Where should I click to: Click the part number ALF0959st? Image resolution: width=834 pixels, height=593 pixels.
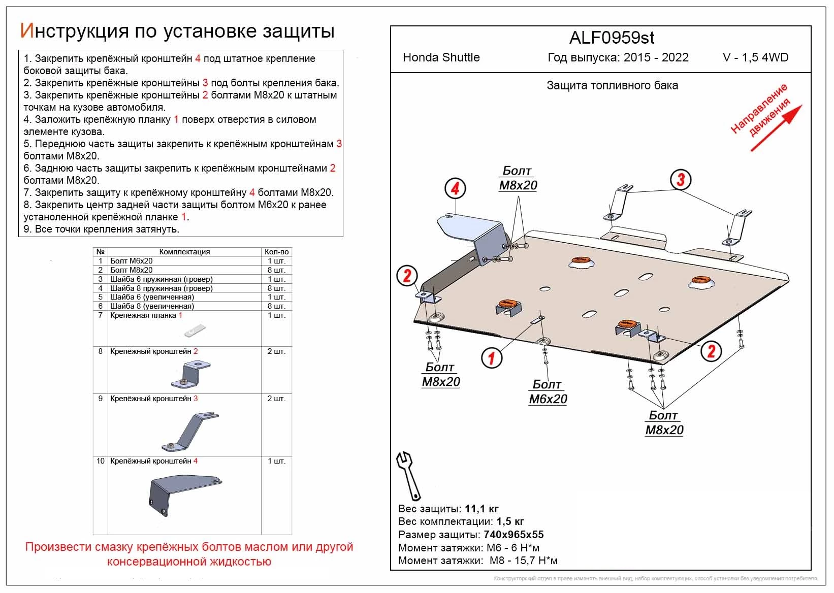612,38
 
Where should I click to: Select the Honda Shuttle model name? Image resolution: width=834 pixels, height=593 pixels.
441,57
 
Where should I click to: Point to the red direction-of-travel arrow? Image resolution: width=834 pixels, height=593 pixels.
777,128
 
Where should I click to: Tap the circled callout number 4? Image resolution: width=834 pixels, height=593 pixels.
455,188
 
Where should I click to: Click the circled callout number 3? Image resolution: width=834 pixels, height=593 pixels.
681,179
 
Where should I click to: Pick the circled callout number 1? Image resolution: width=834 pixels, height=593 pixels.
491,358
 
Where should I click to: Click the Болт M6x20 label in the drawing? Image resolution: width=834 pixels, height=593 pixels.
548,392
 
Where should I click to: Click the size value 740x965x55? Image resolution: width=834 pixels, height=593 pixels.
513,535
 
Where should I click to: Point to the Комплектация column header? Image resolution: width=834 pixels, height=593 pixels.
184,252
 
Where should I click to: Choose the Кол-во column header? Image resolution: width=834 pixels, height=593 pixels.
276,252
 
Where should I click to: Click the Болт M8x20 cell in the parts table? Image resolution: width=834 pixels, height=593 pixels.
132,270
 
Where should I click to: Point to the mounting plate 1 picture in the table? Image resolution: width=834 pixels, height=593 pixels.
194,331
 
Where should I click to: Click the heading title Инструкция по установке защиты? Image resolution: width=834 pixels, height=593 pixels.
177,31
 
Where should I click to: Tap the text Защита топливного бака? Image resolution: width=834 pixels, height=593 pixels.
612,86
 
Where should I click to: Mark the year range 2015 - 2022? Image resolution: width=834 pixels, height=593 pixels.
656,57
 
